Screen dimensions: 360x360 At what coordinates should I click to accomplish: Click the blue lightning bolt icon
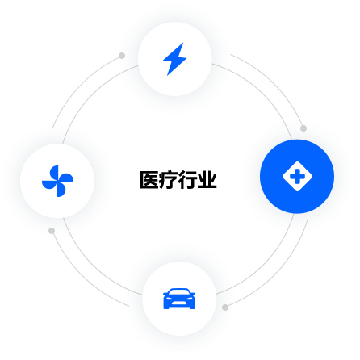174,59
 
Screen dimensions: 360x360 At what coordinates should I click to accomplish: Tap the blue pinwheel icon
57,181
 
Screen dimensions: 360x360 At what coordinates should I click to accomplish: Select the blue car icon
179,299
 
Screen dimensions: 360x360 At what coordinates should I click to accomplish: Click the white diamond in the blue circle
297,177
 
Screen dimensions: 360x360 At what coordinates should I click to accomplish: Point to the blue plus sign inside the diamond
297,177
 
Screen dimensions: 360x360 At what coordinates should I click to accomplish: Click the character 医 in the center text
149,180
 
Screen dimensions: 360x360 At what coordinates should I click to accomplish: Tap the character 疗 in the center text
169,180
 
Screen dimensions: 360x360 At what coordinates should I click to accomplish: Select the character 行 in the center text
188,180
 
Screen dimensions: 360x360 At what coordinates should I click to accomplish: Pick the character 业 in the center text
207,180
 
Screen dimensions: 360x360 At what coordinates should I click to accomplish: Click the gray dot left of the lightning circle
122,56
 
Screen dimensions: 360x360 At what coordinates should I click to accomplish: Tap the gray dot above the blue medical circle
303,128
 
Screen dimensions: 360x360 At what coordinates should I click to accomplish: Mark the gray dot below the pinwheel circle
52,231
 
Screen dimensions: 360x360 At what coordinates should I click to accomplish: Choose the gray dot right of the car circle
225,308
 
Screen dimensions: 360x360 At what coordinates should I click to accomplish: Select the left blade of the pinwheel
49,185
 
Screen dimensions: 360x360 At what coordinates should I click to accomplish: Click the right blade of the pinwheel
66,178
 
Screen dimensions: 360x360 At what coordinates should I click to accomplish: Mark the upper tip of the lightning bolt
183,43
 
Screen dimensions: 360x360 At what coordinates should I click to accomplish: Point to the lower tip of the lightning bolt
167,76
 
